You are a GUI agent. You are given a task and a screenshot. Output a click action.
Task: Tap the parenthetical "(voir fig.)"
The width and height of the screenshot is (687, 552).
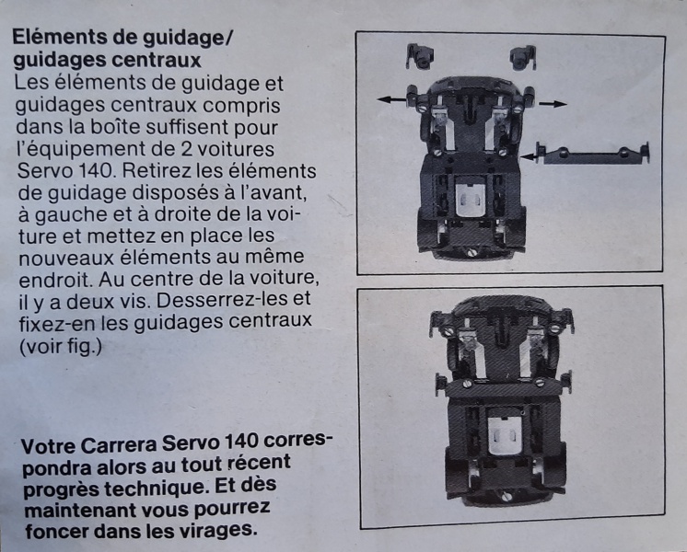point(61,347)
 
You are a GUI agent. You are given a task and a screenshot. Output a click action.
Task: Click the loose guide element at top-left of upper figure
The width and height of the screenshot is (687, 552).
point(419,56)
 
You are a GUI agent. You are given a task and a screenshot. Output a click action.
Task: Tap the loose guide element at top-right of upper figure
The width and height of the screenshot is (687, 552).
point(523,57)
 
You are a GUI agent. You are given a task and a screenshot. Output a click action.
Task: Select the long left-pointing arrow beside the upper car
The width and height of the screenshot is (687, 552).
point(391,99)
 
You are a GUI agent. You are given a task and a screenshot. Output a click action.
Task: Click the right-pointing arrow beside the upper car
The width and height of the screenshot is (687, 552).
point(553,104)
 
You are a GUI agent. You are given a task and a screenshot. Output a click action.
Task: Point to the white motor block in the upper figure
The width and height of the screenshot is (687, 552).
point(471,200)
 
